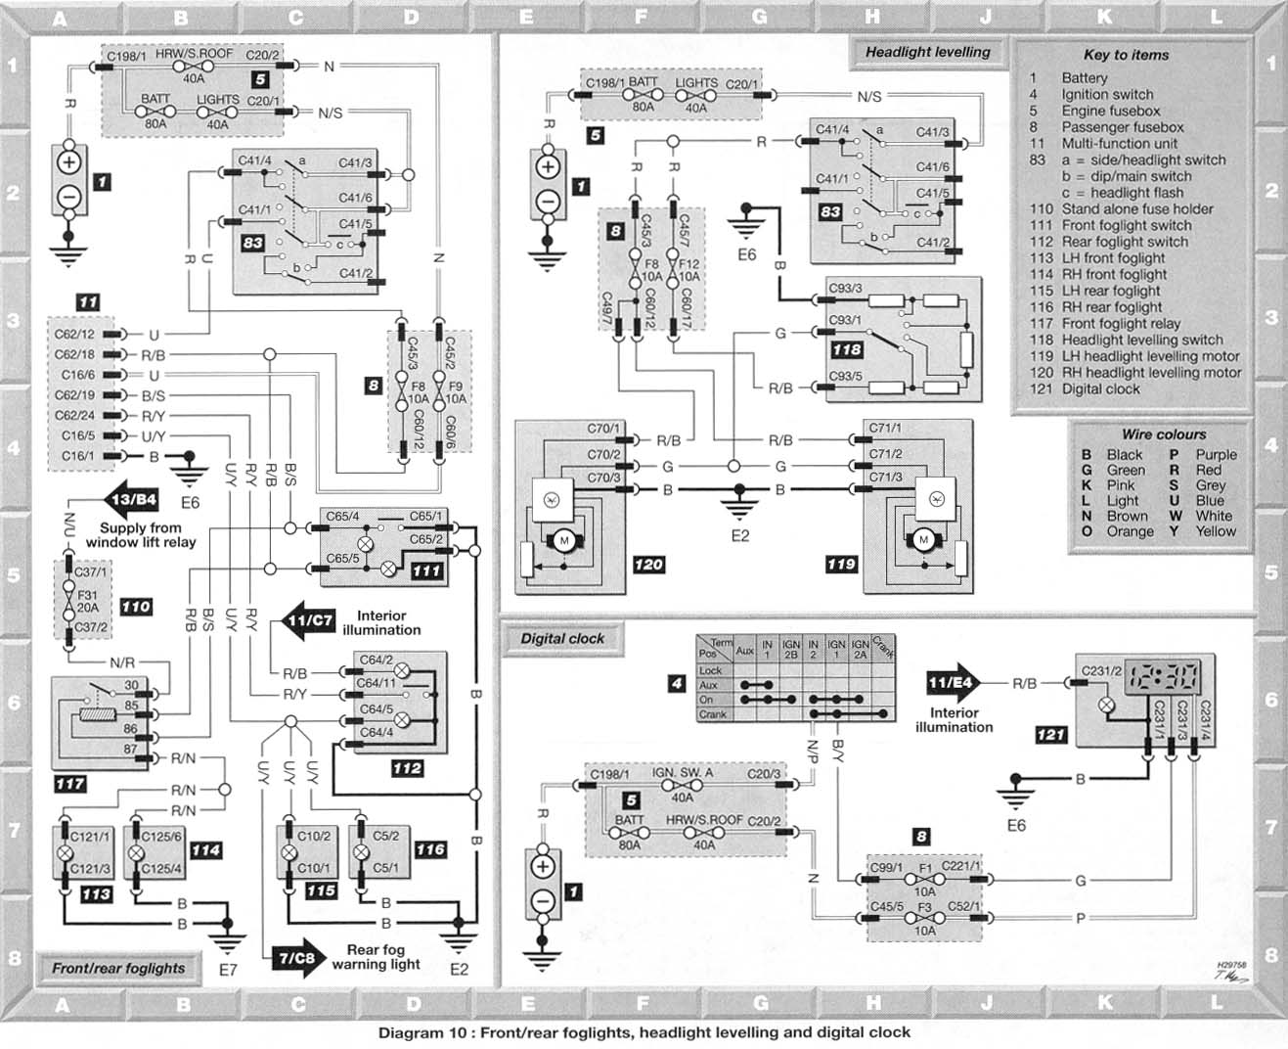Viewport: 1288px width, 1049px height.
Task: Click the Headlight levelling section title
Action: (x=927, y=52)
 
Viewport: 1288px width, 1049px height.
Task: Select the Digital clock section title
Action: (x=562, y=638)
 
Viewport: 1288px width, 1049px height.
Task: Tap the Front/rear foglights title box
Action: (x=118, y=968)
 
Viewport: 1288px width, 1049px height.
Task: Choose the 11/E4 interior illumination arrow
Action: (x=953, y=683)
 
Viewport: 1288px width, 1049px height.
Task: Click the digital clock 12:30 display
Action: (x=1162, y=676)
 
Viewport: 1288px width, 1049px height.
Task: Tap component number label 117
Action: (x=70, y=784)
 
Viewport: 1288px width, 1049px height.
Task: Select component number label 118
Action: (x=846, y=349)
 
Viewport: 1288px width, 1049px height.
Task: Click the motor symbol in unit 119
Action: (x=923, y=539)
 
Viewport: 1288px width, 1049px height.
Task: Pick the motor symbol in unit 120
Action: (x=564, y=541)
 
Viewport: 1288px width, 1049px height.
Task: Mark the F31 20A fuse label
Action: (x=88, y=602)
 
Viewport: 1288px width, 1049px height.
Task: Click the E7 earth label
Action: (x=227, y=971)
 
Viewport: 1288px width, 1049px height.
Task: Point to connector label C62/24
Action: (x=74, y=416)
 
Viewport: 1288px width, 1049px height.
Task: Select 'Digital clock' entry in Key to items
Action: (x=1100, y=389)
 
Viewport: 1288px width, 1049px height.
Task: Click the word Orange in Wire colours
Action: (x=1130, y=531)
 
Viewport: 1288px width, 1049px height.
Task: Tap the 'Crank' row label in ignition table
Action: (x=713, y=714)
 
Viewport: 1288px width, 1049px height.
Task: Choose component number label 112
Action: (x=407, y=768)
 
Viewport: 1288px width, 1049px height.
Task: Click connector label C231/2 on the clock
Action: (x=1101, y=670)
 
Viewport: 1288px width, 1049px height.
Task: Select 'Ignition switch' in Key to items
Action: (x=1107, y=94)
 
